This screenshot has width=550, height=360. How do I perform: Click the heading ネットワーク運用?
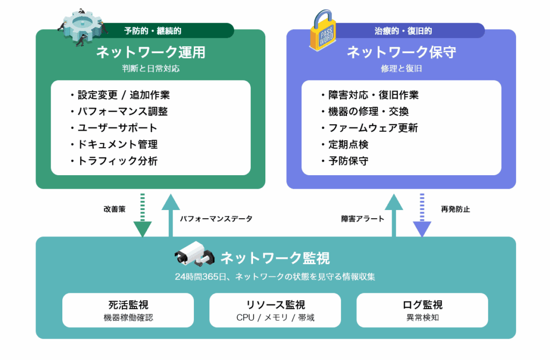point(150,53)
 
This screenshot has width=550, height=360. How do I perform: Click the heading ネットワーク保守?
point(401,53)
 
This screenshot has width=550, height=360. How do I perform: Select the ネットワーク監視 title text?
point(275,258)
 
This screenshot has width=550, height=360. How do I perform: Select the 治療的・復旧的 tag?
point(403,31)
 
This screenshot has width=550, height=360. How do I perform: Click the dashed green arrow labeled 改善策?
point(142,215)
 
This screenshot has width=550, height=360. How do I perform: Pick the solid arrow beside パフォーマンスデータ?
point(171,215)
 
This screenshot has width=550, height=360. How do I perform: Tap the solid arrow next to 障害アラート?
point(394,215)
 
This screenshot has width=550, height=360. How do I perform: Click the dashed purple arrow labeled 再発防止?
point(422,215)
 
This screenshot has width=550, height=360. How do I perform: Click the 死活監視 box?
point(128,310)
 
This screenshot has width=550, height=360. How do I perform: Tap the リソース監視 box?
point(275,310)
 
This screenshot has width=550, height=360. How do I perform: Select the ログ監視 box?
point(422,310)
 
